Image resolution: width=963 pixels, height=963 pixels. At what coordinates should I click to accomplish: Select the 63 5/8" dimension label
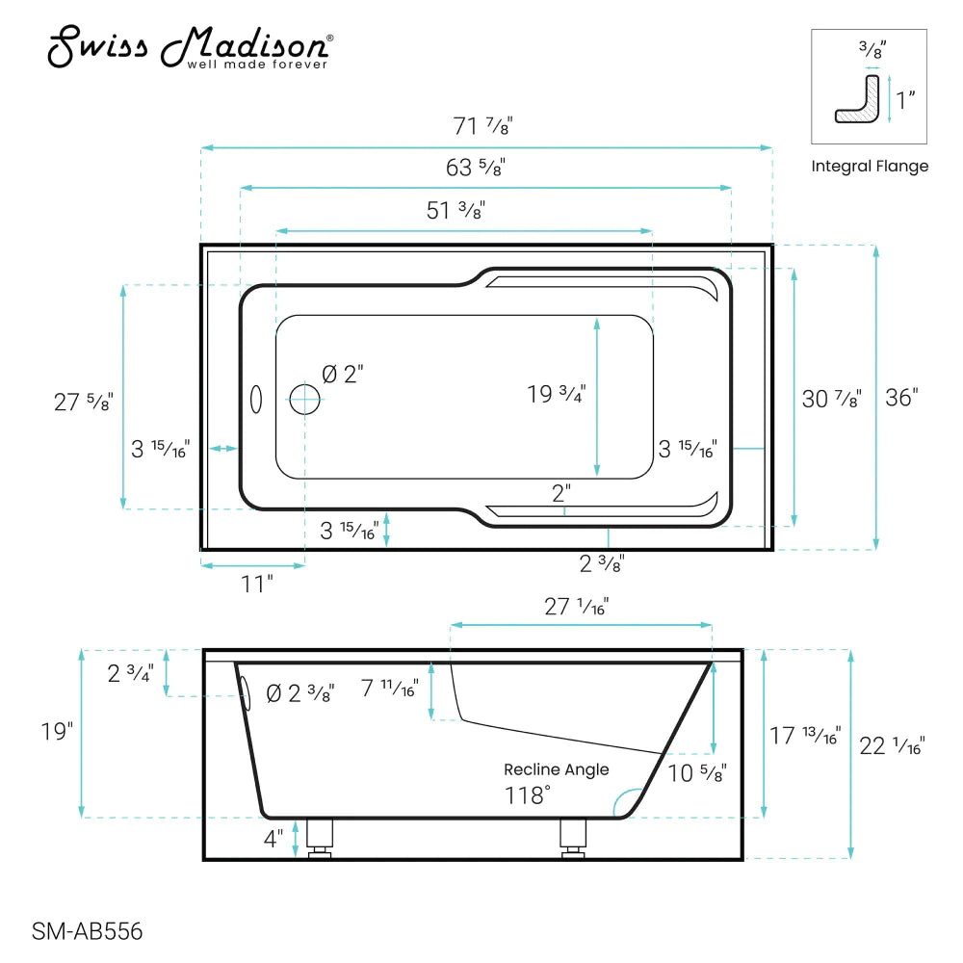[476, 167]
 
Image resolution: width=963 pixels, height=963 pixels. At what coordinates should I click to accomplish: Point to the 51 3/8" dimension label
[455, 211]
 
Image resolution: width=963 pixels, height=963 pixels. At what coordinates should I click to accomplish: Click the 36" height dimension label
[902, 397]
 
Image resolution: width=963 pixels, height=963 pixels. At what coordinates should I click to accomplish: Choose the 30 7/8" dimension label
[831, 398]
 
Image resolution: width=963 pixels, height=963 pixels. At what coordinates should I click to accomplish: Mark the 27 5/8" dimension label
[83, 402]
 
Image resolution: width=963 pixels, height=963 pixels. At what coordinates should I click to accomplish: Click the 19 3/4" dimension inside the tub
[556, 394]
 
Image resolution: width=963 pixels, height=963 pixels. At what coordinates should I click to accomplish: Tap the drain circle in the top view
[305, 399]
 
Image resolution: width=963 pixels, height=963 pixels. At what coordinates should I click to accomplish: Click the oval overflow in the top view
[256, 400]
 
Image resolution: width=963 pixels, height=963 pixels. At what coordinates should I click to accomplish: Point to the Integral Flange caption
[870, 167]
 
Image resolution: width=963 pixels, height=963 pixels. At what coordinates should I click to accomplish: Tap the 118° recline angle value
[529, 795]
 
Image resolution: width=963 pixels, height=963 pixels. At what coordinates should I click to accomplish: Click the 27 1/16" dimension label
[577, 606]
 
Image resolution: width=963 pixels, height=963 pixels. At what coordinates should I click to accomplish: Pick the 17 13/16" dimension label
[805, 737]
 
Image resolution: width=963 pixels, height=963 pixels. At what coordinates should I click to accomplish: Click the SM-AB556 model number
[87, 931]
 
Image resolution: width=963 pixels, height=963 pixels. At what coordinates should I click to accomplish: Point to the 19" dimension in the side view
[58, 732]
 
